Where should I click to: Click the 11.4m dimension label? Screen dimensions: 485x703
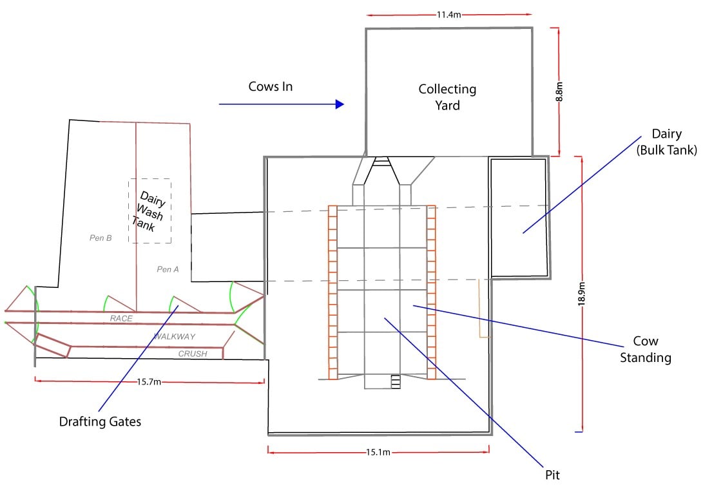pyautogui.click(x=448, y=14)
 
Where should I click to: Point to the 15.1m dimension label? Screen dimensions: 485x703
pyautogui.click(x=378, y=452)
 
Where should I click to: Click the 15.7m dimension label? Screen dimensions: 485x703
pyautogui.click(x=149, y=382)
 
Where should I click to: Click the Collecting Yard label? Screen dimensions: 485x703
pyautogui.click(x=447, y=97)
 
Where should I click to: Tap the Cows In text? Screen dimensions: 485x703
pyautogui.click(x=271, y=86)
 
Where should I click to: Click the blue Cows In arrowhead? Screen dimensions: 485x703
pyautogui.click(x=340, y=104)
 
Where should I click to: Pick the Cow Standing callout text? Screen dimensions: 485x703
pyautogui.click(x=645, y=349)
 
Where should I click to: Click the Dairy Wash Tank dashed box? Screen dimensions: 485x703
pyautogui.click(x=150, y=211)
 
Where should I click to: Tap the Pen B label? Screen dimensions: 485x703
pyautogui.click(x=101, y=238)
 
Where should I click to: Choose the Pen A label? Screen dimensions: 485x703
pyautogui.click(x=168, y=269)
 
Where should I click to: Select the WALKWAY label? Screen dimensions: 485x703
pyautogui.click(x=174, y=336)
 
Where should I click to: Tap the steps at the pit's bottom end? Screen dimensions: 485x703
pyautogui.click(x=396, y=382)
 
